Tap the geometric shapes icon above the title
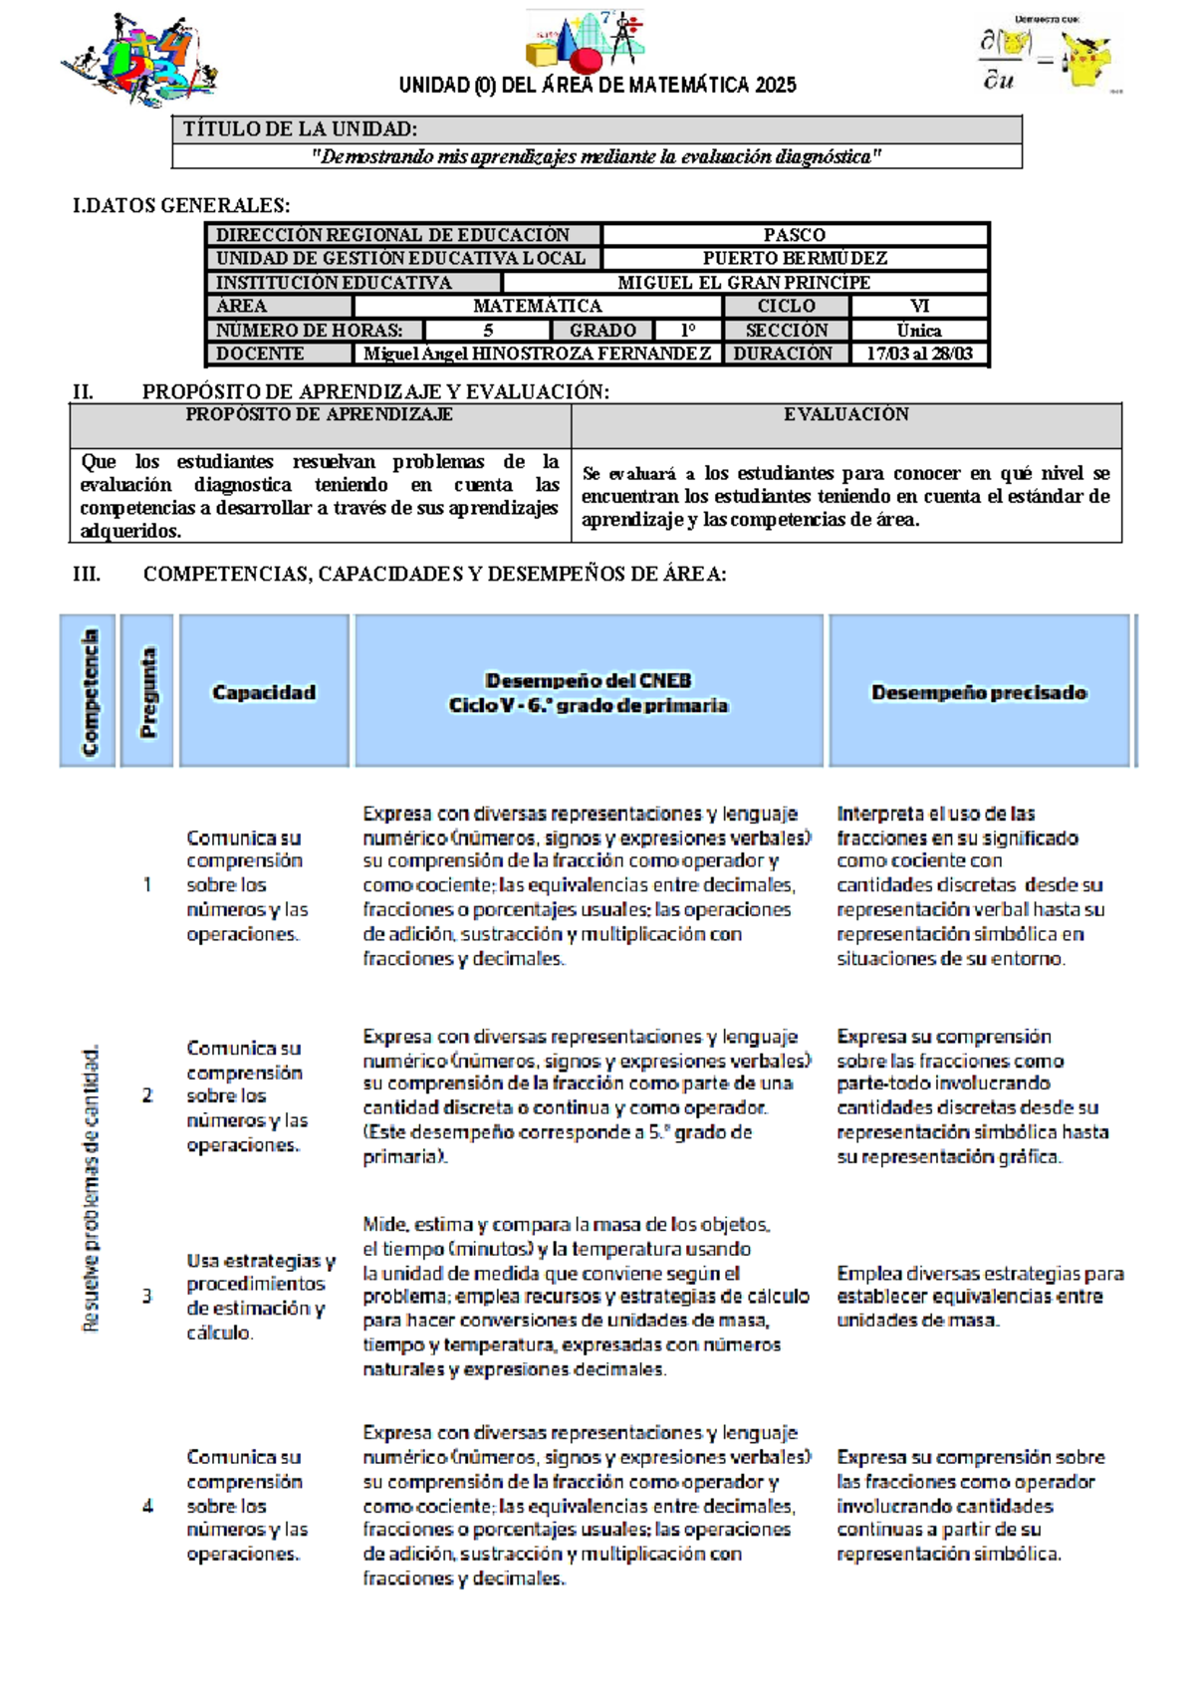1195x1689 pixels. (585, 40)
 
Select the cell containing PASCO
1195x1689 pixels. (794, 235)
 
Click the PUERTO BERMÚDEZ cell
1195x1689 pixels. (794, 258)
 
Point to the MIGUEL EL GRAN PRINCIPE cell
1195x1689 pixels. (744, 282)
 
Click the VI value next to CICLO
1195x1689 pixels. (918, 306)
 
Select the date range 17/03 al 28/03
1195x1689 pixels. (918, 354)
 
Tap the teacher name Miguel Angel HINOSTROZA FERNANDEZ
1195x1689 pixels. (537, 354)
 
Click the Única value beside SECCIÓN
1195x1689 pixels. (918, 330)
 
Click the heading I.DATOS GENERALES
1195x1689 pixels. (181, 206)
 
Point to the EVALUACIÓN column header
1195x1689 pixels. (845, 414)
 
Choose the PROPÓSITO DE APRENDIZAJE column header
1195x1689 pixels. (320, 414)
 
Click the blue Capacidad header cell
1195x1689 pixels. (264, 692)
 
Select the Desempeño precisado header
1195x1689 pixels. (979, 692)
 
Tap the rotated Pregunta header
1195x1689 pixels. (147, 692)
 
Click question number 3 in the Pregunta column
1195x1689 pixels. (147, 1296)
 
